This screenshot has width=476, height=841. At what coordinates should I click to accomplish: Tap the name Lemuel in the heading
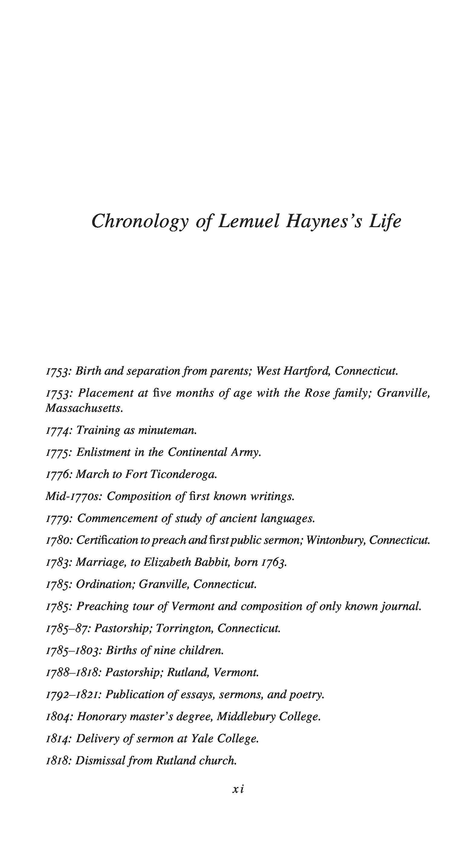pyautogui.click(x=249, y=221)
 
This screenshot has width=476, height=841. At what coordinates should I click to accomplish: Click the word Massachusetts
pyautogui.click(x=84, y=408)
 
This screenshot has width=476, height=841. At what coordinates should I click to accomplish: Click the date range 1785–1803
pyautogui.click(x=73, y=650)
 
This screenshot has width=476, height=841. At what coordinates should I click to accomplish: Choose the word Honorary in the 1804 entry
pyautogui.click(x=101, y=717)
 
